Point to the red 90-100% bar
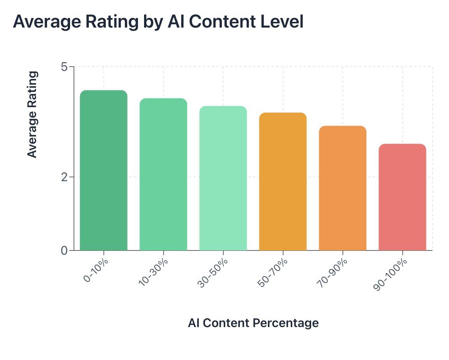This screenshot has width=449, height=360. [402, 197]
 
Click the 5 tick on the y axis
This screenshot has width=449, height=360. [64, 67]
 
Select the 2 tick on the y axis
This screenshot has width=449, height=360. [64, 177]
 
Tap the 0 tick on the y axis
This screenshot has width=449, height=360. [64, 250]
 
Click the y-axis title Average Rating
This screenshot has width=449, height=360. [33, 114]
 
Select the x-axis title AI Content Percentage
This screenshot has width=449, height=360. [253, 323]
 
